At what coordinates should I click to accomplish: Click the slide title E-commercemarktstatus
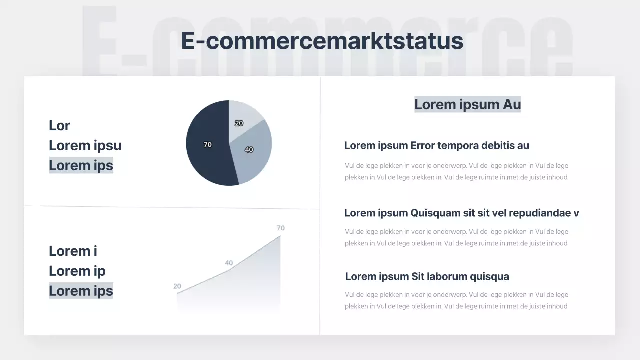(x=322, y=41)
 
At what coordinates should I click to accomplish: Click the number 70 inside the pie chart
(x=208, y=145)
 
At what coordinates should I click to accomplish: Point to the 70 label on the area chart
(x=280, y=228)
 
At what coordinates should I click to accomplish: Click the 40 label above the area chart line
(x=229, y=263)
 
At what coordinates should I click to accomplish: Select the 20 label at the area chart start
(x=177, y=286)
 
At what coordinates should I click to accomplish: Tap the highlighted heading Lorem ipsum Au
(x=467, y=104)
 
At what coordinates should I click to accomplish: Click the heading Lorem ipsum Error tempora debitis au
(x=436, y=146)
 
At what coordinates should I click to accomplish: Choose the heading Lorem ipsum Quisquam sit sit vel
(x=461, y=213)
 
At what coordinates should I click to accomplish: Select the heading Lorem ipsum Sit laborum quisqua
(x=427, y=277)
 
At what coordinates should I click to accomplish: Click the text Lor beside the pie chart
(x=59, y=126)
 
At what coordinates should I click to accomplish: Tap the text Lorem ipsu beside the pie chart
(x=85, y=146)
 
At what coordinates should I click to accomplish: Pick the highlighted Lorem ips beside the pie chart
(x=81, y=165)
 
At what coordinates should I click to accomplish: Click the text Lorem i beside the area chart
(x=73, y=251)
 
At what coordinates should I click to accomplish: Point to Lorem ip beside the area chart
(x=77, y=271)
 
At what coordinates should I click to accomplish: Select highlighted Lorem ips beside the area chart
(x=81, y=291)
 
